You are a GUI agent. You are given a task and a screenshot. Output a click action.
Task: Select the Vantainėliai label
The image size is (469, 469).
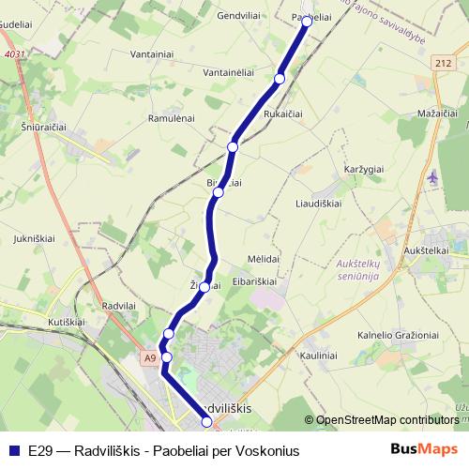(x=230, y=71)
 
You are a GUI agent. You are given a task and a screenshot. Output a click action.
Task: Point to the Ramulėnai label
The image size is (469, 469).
(x=171, y=118)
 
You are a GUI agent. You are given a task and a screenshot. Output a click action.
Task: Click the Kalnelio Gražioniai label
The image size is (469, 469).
(x=398, y=335)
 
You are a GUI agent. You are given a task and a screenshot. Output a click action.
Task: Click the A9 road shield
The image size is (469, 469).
(x=150, y=357)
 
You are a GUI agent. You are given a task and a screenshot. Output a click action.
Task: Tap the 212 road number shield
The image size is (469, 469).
(x=443, y=62)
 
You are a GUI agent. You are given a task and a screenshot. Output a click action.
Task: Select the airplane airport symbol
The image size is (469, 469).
(x=432, y=176)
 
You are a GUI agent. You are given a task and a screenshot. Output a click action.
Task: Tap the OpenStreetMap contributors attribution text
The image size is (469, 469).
(x=386, y=420)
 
